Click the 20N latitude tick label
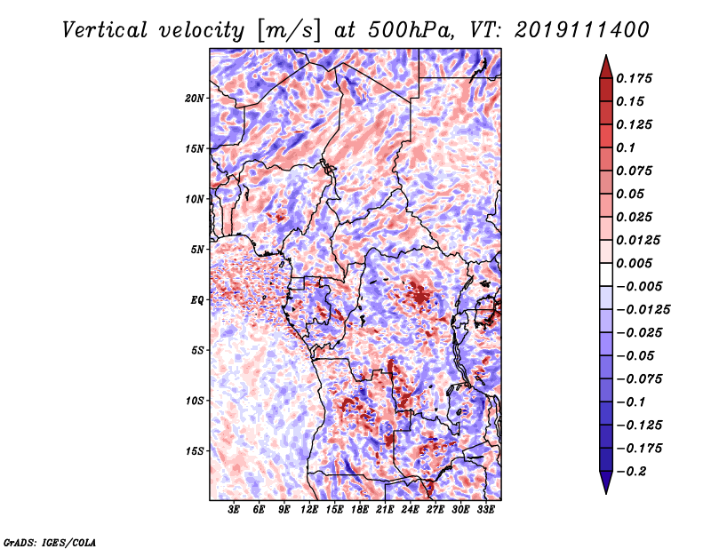[x=195, y=99]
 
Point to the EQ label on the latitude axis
[x=197, y=300]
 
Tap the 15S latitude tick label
[x=195, y=451]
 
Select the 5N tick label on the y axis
[x=197, y=250]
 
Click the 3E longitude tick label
[x=234, y=510]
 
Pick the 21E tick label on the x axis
[x=385, y=510]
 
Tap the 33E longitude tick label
[x=485, y=510]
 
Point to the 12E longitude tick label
[x=309, y=510]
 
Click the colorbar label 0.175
[x=634, y=78]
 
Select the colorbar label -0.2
[x=631, y=472]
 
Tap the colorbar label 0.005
[x=634, y=263]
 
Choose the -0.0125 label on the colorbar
[x=643, y=310]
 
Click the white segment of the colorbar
[x=606, y=274]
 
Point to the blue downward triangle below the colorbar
[x=606, y=482]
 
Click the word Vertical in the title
[x=104, y=30]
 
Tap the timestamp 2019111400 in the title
[x=582, y=30]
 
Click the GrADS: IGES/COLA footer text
[x=50, y=542]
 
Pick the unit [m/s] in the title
[x=289, y=30]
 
